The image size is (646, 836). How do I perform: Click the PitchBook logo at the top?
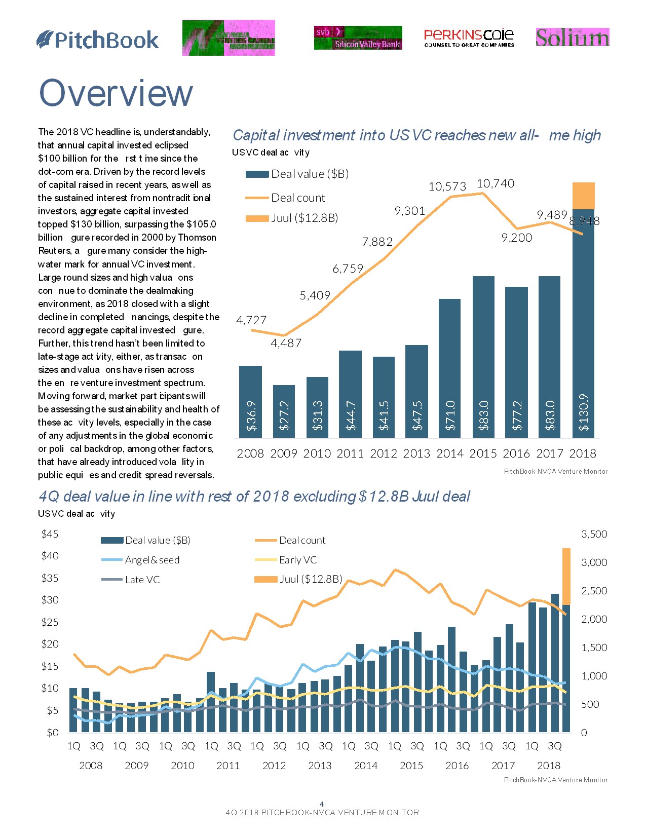(98, 40)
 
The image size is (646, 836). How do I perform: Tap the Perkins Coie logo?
(469, 37)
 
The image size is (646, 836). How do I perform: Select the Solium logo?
(573, 37)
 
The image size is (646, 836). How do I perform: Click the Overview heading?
(116, 93)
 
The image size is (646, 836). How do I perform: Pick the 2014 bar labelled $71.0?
(450, 368)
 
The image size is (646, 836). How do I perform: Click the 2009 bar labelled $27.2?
(284, 411)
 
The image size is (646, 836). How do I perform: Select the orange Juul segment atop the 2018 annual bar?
(583, 196)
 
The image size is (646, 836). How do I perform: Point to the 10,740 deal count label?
(496, 183)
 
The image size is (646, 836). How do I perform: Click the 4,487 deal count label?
(286, 343)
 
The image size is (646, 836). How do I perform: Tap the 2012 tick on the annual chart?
(384, 453)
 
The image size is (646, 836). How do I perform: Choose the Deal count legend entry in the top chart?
(298, 198)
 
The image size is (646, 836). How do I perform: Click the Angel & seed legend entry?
(152, 560)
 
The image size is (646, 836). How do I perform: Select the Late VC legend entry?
(142, 580)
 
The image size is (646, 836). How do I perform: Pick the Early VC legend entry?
(298, 560)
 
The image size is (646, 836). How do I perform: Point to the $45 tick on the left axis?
(50, 534)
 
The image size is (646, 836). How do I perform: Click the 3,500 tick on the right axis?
(594, 534)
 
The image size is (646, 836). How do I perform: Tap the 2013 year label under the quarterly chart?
(320, 765)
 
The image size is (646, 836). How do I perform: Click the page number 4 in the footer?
(322, 804)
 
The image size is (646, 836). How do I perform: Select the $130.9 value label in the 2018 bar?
(584, 412)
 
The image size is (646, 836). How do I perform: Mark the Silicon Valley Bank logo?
(358, 38)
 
